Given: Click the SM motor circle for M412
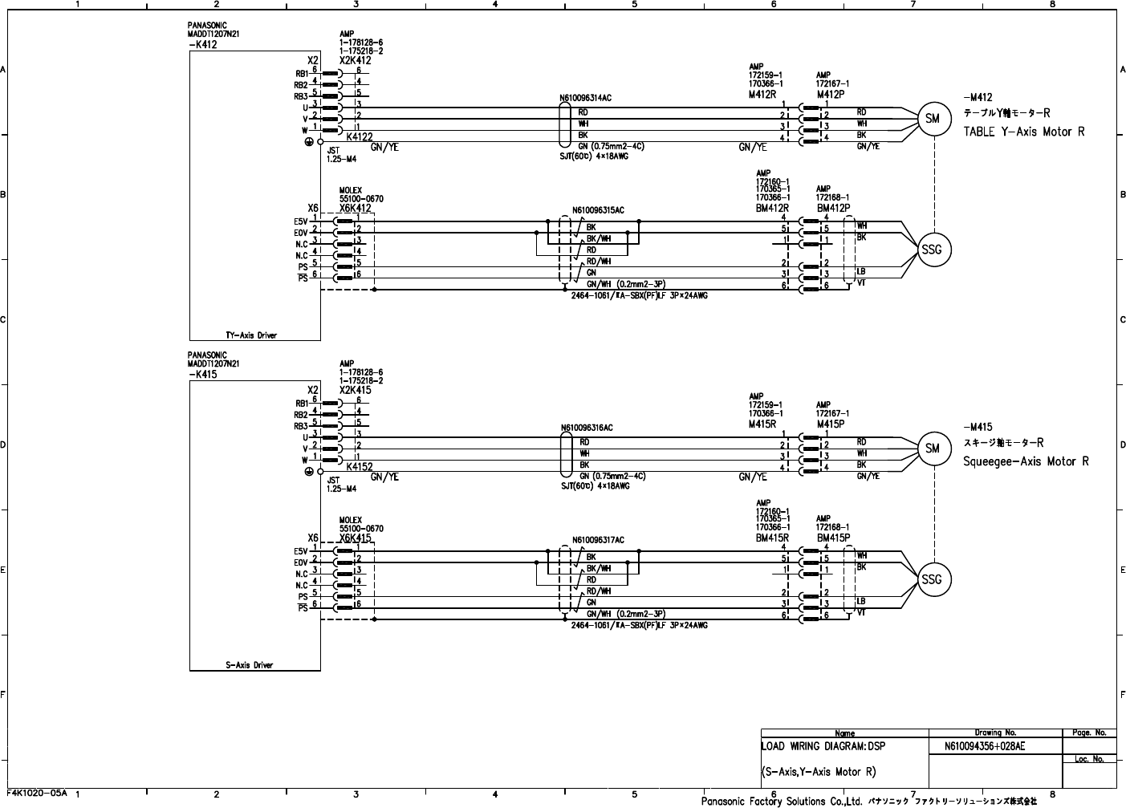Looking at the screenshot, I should [932, 119].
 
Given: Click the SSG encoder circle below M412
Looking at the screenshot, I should [932, 250].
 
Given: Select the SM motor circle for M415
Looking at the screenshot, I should [932, 449].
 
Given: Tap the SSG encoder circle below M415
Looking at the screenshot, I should [932, 579].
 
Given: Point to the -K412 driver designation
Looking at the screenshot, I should [202, 45].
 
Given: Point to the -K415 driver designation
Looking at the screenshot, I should [202, 375].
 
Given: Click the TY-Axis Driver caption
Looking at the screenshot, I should [251, 335].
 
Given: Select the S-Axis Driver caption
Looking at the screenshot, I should [249, 665].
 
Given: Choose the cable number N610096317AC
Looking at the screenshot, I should [598, 540].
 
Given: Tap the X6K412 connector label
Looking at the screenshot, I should [356, 209].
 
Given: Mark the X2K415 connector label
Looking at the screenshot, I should [356, 390].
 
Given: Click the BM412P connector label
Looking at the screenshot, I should [833, 208].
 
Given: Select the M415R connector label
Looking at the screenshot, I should [762, 424].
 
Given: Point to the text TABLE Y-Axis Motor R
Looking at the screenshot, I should [1023, 132].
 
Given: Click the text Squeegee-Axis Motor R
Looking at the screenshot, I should [1026, 461].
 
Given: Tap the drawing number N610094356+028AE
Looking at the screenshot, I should [985, 746].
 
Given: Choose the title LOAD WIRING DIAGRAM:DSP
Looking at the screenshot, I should [823, 746].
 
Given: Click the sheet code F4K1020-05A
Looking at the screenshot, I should [38, 793].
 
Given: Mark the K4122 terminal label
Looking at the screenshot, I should [360, 137].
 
